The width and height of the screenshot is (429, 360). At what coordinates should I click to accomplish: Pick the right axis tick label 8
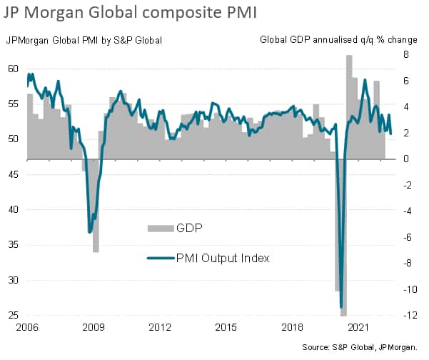coord(404,55)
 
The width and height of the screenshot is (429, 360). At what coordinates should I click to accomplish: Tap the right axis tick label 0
coord(404,159)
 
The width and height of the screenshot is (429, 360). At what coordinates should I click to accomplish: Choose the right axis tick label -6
coord(401,237)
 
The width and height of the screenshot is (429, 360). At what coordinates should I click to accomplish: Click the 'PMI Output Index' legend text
coord(222,258)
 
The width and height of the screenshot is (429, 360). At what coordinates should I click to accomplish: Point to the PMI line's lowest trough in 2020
coord(342,306)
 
